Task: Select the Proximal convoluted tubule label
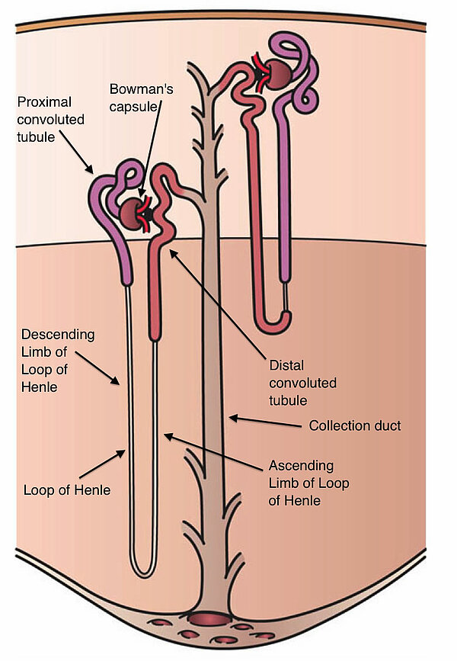point(52,120)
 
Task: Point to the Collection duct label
point(354,425)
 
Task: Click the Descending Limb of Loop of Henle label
point(57,361)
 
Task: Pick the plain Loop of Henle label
point(67,490)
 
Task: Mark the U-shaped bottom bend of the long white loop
point(142,568)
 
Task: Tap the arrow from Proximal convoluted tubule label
point(76,152)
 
